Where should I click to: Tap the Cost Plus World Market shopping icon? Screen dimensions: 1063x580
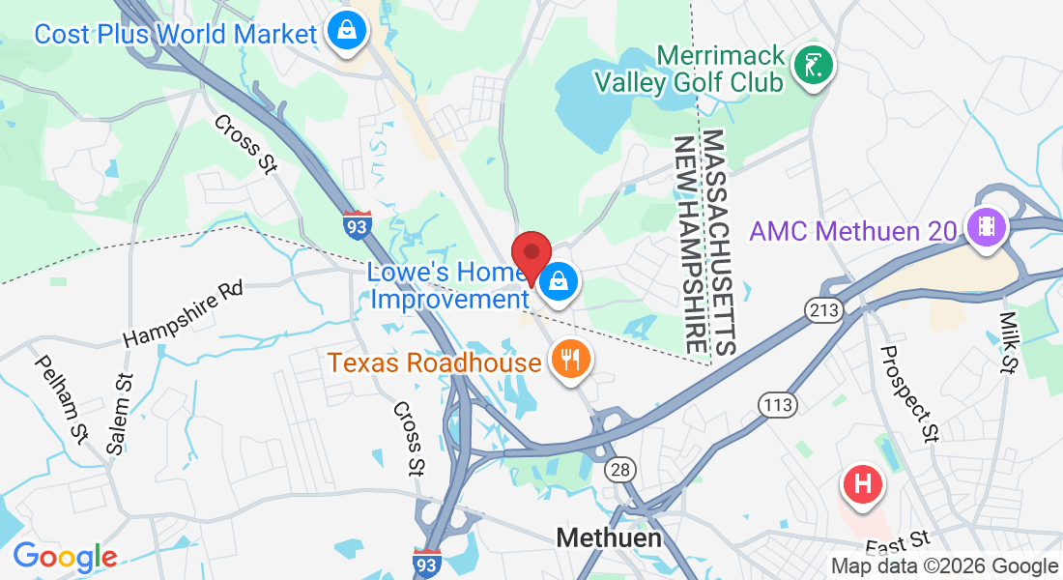345,32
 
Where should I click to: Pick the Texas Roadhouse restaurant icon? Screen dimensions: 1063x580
571,362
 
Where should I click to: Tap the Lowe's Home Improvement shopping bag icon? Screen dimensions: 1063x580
559,283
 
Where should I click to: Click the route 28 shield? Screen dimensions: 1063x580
620,470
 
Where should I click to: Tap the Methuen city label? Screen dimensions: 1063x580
609,538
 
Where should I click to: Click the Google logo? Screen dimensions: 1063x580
66,557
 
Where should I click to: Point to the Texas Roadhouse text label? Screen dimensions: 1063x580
434,363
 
